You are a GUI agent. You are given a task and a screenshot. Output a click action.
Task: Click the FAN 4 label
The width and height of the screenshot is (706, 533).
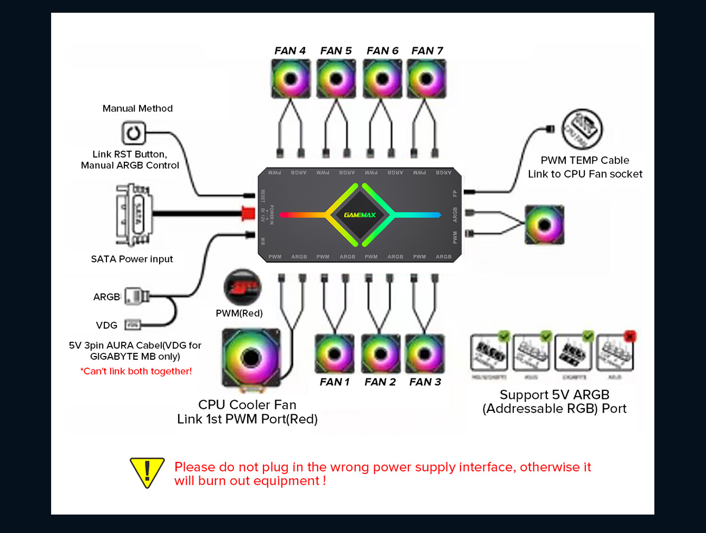click(289, 51)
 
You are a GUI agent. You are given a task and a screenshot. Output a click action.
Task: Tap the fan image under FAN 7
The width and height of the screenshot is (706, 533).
click(427, 79)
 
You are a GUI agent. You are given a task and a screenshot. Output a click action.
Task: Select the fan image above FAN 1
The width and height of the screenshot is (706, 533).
click(335, 354)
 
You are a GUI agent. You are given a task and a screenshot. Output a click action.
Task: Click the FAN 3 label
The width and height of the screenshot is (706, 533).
click(425, 382)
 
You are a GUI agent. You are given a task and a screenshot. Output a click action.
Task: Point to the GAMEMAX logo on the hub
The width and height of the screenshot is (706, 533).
click(360, 215)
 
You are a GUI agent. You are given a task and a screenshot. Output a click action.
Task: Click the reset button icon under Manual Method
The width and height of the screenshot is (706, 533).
click(133, 133)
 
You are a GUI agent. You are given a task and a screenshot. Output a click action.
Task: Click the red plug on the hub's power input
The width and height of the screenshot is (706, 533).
click(248, 213)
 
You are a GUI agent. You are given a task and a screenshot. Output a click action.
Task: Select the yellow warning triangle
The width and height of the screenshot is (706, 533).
click(147, 472)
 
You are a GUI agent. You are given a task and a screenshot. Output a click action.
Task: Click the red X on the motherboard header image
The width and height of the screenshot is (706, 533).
click(629, 337)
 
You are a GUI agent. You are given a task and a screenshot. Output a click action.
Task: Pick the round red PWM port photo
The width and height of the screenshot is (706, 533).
click(242, 287)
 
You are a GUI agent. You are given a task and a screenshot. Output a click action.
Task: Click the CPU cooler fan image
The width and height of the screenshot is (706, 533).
click(251, 358)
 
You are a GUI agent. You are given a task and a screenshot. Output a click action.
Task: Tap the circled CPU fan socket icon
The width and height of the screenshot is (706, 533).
click(582, 129)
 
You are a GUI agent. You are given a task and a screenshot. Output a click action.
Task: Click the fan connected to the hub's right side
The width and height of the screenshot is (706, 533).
click(544, 225)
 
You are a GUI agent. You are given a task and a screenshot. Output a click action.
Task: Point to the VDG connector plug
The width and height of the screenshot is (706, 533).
click(133, 325)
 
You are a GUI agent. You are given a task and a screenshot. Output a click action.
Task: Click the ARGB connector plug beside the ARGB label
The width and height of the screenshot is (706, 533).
click(136, 296)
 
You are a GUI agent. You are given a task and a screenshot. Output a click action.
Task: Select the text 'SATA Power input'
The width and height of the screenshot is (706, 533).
click(132, 259)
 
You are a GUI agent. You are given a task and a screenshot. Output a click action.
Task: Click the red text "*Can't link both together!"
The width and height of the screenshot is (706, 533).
click(136, 371)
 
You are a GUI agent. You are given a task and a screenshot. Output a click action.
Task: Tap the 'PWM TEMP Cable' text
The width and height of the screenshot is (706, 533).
click(585, 161)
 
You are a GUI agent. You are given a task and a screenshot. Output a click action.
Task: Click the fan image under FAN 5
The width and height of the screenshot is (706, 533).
click(336, 79)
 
